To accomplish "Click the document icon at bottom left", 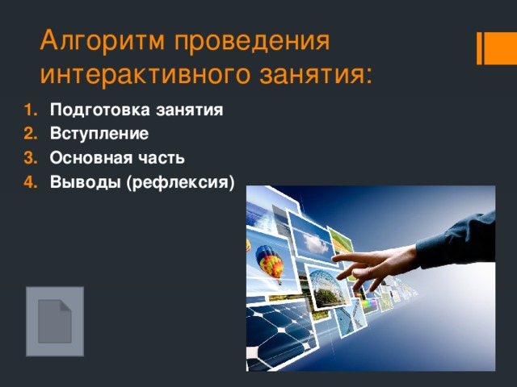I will coord(54,321).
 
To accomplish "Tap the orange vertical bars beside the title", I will coord(490,48).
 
